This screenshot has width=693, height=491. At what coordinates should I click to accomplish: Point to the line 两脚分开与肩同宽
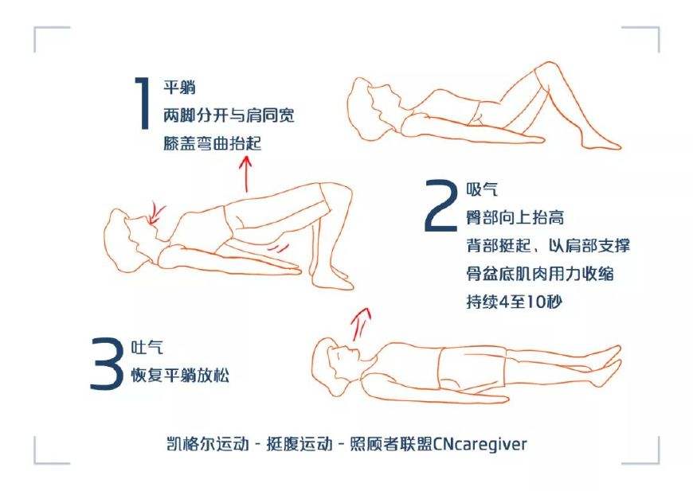pos(228,115)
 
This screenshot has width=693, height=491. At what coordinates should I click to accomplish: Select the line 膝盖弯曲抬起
pos(211,143)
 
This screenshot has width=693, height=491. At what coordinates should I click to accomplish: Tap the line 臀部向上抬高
pos(515,218)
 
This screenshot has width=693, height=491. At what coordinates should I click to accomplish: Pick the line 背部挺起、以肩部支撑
pos(548,246)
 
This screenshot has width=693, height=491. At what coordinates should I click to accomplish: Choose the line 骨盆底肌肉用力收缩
pos(539,274)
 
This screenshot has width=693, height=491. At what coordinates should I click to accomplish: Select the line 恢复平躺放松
pos(180,376)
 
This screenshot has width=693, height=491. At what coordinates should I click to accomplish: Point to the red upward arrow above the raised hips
pos(246,173)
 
